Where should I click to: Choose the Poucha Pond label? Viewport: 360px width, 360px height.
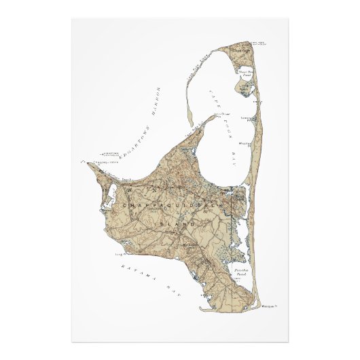click(242, 272)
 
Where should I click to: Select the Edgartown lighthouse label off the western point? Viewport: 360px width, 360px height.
click(109, 154)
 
